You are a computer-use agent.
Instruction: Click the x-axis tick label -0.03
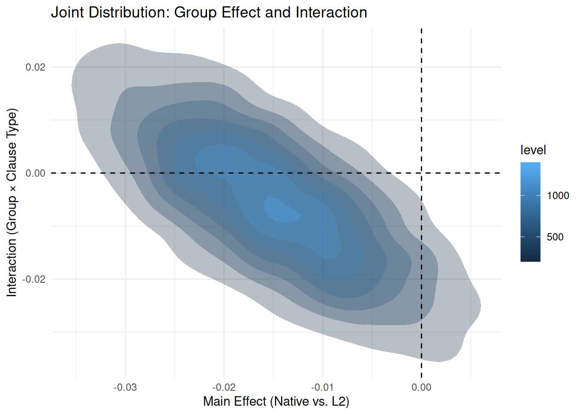coord(125,387)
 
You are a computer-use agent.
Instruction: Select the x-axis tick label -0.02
coord(224,387)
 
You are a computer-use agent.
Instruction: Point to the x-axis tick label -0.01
coord(323,387)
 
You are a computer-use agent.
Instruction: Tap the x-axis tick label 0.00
coord(421,387)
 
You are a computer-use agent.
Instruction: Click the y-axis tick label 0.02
coord(36,67)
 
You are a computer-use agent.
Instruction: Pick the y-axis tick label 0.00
coord(36,173)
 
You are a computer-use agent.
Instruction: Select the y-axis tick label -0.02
coord(34,279)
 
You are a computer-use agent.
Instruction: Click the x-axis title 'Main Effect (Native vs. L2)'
coord(276,402)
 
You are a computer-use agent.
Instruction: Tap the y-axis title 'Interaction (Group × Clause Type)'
coord(12,202)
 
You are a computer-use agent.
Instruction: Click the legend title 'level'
coord(533,150)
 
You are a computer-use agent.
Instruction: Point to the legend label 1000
coord(558,195)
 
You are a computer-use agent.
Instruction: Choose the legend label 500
coord(555,237)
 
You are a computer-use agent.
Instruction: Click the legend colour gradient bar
coord(530,212)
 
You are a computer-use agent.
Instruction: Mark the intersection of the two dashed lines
coord(421,173)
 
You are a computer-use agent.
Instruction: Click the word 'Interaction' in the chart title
coord(331,12)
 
